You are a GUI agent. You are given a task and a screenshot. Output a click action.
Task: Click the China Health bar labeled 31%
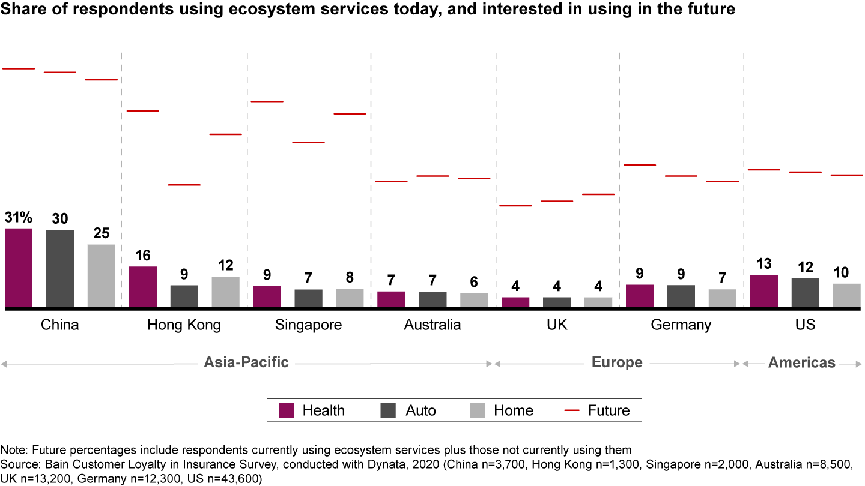(19, 268)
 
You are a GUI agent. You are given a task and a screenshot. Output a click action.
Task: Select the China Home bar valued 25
(102, 275)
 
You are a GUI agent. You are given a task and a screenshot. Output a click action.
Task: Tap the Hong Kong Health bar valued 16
(143, 287)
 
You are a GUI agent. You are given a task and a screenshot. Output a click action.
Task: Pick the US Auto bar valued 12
(806, 293)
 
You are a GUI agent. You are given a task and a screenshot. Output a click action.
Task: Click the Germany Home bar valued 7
(723, 298)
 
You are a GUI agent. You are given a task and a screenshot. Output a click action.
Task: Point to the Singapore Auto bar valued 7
(308, 298)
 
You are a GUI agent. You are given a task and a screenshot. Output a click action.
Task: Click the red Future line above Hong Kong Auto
(184, 185)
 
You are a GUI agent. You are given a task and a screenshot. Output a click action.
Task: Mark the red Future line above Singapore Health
(267, 101)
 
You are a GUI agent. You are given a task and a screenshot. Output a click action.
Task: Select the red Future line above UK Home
(598, 194)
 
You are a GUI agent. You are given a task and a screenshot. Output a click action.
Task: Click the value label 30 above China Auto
(59, 219)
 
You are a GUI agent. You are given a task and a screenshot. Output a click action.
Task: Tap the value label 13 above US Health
(764, 264)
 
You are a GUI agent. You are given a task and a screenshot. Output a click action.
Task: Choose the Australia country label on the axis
(432, 325)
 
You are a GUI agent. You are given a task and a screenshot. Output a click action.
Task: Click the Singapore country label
(308, 325)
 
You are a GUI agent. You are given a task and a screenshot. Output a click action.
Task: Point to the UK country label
(557, 325)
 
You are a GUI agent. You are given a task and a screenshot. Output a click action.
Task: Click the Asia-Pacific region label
(246, 362)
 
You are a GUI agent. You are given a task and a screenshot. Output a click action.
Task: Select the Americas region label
(802, 362)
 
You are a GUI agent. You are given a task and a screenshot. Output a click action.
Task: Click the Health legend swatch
(286, 410)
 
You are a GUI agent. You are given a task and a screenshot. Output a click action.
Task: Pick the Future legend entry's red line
(572, 410)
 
